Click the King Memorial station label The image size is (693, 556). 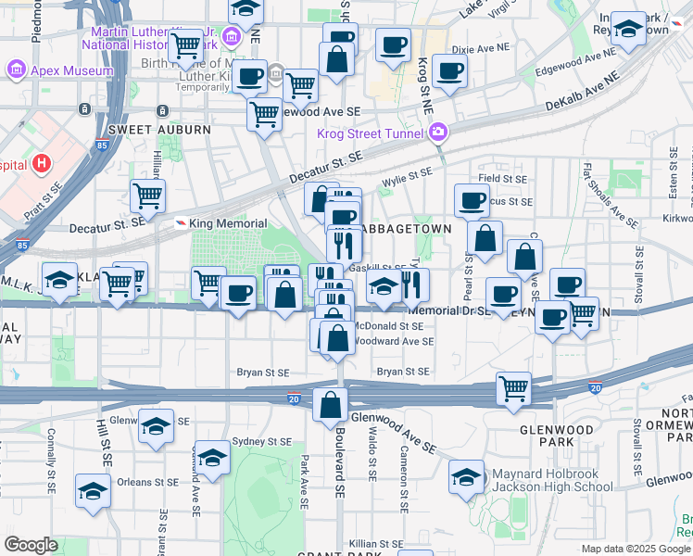click(x=228, y=223)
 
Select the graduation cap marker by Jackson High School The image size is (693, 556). click(x=466, y=477)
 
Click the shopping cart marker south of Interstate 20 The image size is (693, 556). click(x=513, y=388)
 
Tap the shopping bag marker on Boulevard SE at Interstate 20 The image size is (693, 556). click(x=331, y=404)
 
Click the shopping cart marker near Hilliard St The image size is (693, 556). click(x=147, y=196)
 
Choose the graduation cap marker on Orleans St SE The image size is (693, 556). click(x=93, y=490)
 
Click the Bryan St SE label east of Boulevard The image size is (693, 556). click(x=403, y=372)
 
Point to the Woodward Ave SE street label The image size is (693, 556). click(x=399, y=341)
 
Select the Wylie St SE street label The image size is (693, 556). click(x=407, y=172)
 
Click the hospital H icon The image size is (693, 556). click(x=41, y=165)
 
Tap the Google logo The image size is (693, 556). click(x=31, y=545)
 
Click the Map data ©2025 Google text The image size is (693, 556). click(x=635, y=549)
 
